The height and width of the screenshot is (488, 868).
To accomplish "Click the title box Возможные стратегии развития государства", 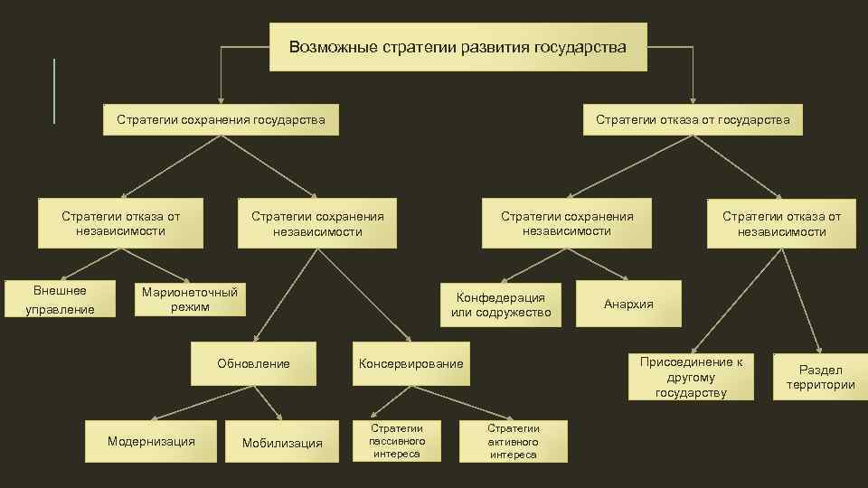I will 458,47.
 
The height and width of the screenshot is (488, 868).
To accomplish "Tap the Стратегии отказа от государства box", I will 693,119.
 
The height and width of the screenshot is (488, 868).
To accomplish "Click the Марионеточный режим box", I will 190,299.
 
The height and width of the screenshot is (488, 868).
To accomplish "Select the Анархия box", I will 628,305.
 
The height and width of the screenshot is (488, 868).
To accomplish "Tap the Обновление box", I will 254,363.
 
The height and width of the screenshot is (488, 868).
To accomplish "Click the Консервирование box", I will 411,363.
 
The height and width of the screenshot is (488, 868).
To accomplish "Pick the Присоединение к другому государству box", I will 691,377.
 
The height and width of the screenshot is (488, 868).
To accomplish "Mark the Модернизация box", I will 151,442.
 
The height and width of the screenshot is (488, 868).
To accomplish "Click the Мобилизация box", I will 282,442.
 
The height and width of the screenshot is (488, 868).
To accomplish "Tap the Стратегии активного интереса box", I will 514,441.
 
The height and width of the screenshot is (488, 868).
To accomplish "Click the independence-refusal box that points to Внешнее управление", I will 120,223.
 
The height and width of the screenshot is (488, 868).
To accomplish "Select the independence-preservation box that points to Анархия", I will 567,223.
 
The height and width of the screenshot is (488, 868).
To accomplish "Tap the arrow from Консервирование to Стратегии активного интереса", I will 471,402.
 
